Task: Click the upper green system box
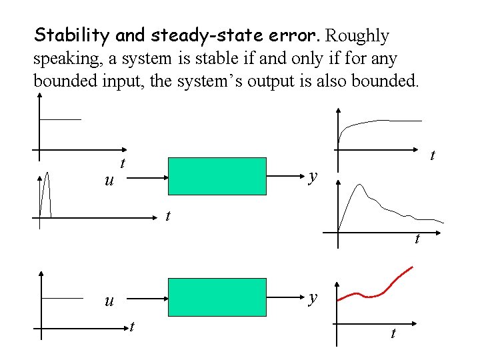point(217,176)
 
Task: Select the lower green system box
point(217,296)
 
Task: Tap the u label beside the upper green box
point(109,181)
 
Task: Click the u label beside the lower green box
point(109,301)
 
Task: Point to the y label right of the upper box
point(313,177)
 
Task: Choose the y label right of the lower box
point(313,298)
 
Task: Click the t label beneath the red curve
point(392,333)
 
